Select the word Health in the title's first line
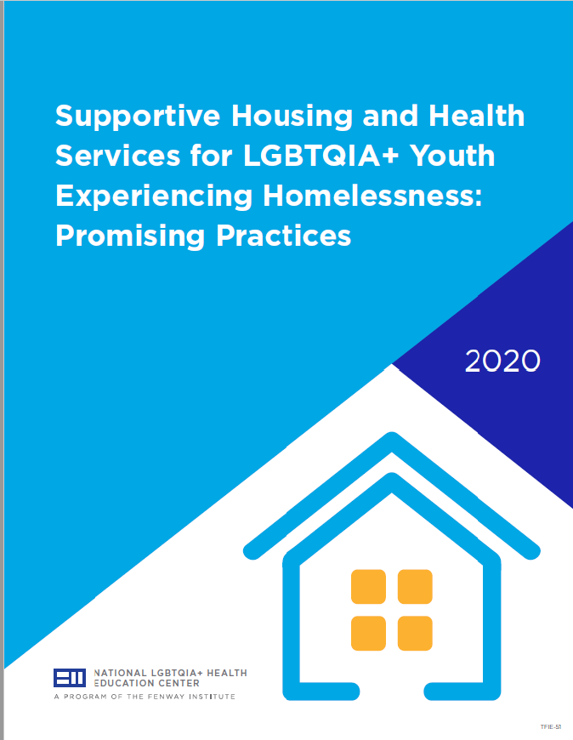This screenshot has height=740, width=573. [x=476, y=116]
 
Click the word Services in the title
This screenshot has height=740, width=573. [x=118, y=156]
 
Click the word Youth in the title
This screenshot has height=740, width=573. [x=452, y=156]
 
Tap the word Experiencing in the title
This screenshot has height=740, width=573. [x=154, y=196]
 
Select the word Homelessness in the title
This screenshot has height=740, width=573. [x=373, y=196]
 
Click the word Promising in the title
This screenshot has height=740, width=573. [x=131, y=236]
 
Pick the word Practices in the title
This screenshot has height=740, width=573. [x=284, y=235]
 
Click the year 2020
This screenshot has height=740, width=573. [x=502, y=361]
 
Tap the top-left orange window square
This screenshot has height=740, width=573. [x=368, y=587]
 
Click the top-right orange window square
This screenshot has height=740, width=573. [x=415, y=587]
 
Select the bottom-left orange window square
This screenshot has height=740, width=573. [x=368, y=634]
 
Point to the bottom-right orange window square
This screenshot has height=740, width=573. [x=415, y=634]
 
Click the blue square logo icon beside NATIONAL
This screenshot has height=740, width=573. [x=70, y=678]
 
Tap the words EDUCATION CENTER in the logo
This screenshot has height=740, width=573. [x=147, y=683]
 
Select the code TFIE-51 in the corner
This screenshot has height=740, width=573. [x=551, y=727]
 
